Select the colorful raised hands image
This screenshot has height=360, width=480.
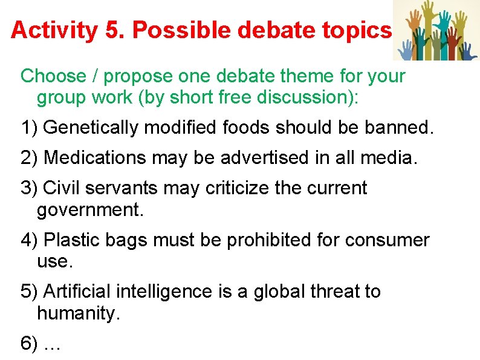[436, 30]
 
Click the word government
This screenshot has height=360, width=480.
[89, 209]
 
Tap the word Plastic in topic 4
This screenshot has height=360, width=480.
[72, 240]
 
